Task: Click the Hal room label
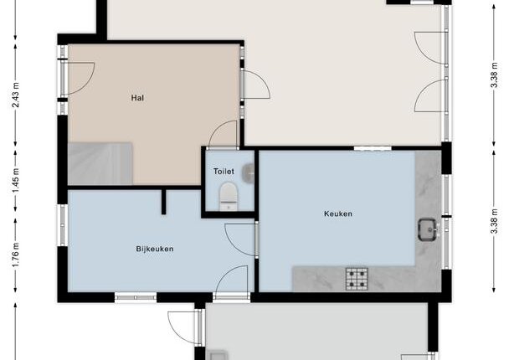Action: pos(137,98)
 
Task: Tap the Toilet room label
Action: pos(224,171)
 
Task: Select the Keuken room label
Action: pos(338,213)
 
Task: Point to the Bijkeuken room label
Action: pos(155,249)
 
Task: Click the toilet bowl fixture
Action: pos(229,197)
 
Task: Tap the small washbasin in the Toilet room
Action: pos(249,172)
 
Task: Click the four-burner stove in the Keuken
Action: pos(357,279)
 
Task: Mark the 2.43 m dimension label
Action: pos(16,95)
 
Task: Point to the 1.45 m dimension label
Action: pos(16,181)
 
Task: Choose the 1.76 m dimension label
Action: pos(16,255)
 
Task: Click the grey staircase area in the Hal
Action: pos(100,163)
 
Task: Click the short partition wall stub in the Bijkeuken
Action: pos(163,202)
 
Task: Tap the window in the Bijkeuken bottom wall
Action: pos(136,297)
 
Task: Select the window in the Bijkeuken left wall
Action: pos(62,225)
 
